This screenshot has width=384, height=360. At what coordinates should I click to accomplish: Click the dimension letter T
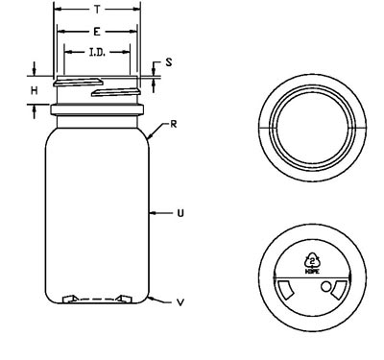tap(97, 10)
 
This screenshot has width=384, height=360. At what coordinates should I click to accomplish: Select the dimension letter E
tap(97, 32)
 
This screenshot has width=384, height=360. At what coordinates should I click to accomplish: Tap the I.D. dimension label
tap(97, 52)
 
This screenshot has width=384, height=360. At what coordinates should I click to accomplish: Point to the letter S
tap(169, 62)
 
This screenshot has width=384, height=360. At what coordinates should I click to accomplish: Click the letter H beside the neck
tap(35, 90)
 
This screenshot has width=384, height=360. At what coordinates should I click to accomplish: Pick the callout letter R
tap(173, 124)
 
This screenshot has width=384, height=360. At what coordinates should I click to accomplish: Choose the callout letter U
tap(180, 213)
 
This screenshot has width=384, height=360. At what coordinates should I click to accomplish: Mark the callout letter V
tap(180, 302)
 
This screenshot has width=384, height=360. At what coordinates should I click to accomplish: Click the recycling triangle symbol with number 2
tap(312, 260)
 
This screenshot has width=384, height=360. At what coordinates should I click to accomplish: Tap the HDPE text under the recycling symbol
tap(312, 272)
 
